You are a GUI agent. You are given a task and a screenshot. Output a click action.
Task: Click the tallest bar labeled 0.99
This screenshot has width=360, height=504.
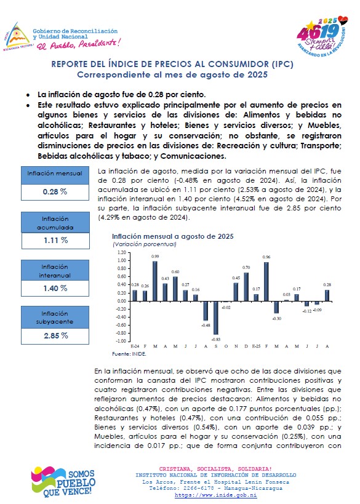point(155,281)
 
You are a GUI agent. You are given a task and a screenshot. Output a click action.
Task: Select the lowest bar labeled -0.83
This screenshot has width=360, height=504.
point(215,318)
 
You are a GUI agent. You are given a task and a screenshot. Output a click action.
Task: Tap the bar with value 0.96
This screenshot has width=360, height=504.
point(266,282)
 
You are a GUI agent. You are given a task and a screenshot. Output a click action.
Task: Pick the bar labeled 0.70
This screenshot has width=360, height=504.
point(246,287)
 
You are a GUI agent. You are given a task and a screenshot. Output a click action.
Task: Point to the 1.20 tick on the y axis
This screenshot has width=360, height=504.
point(122,253)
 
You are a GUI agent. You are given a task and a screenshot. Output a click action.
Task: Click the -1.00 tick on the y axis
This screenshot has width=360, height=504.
point(121,342)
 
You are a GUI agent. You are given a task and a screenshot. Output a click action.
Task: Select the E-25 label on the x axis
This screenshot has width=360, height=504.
point(256,346)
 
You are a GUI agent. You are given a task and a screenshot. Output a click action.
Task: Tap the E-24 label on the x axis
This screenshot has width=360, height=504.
point(135,346)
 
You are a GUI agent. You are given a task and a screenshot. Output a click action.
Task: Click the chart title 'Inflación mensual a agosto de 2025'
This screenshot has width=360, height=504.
point(173,236)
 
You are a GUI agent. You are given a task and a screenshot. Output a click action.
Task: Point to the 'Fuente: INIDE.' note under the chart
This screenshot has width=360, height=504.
point(129,354)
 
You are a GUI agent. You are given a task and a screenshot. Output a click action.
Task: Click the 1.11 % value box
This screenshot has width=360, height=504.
point(55,241)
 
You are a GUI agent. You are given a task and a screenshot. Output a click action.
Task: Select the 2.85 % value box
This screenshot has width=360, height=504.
point(55,336)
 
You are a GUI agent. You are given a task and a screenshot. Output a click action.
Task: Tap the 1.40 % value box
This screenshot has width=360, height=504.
point(55,289)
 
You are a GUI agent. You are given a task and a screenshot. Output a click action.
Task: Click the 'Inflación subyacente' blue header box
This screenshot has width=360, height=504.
point(55,318)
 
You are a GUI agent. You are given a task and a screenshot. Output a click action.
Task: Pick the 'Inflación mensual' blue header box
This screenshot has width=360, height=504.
point(55,175)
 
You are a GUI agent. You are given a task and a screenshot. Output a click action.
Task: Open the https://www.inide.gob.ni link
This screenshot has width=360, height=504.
point(215,495)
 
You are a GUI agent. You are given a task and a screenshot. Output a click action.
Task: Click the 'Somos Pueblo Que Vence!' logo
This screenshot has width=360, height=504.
point(63,482)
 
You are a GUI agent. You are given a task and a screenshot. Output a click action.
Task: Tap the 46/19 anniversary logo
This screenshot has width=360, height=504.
point(322,37)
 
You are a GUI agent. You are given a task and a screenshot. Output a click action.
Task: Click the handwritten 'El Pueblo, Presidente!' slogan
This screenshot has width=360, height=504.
point(79,44)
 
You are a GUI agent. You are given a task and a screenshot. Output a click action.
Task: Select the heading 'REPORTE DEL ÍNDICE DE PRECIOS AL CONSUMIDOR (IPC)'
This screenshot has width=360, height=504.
point(172,64)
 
